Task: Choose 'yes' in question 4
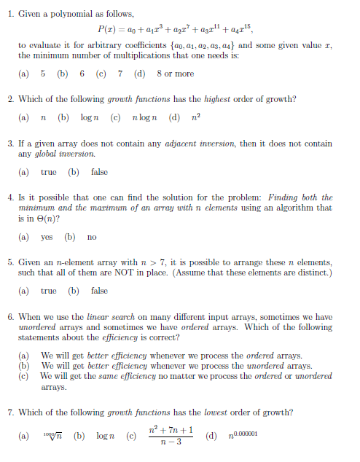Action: tap(47, 237)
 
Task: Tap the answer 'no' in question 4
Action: tap(92, 237)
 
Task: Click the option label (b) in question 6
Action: tap(25, 366)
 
